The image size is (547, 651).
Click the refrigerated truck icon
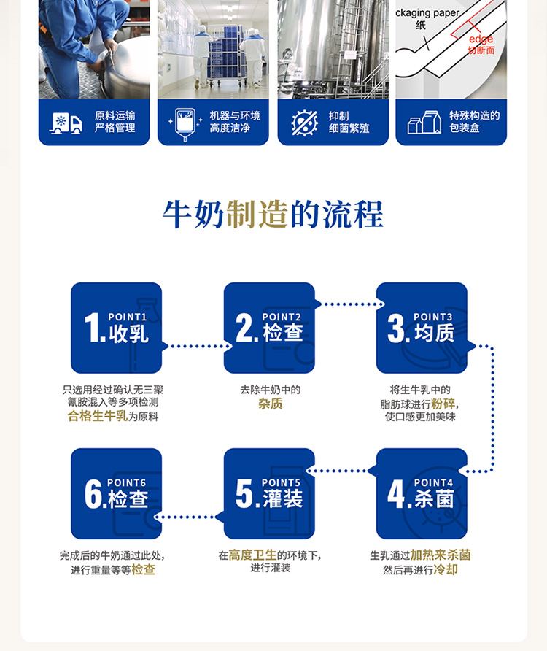pos(66,123)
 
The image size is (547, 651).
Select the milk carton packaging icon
pos(424,123)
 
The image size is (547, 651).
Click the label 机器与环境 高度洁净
pos(234,122)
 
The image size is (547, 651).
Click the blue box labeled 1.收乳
pos(116,328)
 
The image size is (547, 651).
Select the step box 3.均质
pos(422,328)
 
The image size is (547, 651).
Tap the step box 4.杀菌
pos(422,493)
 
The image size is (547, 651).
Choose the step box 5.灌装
pos(269,493)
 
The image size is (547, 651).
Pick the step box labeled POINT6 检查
pos(116,493)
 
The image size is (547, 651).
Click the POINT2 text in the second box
pos(282,317)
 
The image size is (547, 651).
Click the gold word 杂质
pos(270,404)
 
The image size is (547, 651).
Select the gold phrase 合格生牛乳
pos(97,417)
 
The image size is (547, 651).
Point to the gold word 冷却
pos(446,569)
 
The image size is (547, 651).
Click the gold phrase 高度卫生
pos(252,555)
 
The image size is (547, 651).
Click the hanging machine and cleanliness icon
pos(185,123)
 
